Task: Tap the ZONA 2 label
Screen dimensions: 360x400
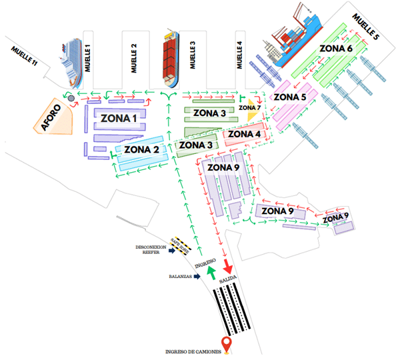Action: tap(141, 149)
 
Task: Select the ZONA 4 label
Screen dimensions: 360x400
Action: tap(245, 135)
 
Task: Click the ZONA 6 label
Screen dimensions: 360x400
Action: tap(337, 49)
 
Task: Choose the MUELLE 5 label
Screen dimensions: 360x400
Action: tap(366, 28)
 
